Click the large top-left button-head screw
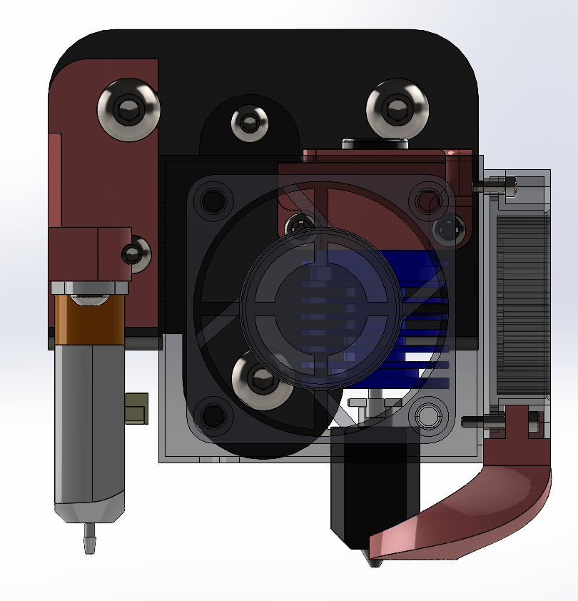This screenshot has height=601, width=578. click(128, 111)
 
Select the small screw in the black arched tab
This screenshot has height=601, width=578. click(249, 123)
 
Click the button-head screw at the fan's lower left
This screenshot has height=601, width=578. click(261, 380)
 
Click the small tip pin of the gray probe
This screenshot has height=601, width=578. click(89, 539)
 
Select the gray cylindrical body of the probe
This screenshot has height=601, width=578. click(89, 428)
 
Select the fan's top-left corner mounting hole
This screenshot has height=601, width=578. click(213, 201)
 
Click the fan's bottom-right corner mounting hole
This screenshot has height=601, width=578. click(428, 415)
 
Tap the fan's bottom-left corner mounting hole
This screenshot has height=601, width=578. click(212, 415)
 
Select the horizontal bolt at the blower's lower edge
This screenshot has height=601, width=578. click(477, 421)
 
